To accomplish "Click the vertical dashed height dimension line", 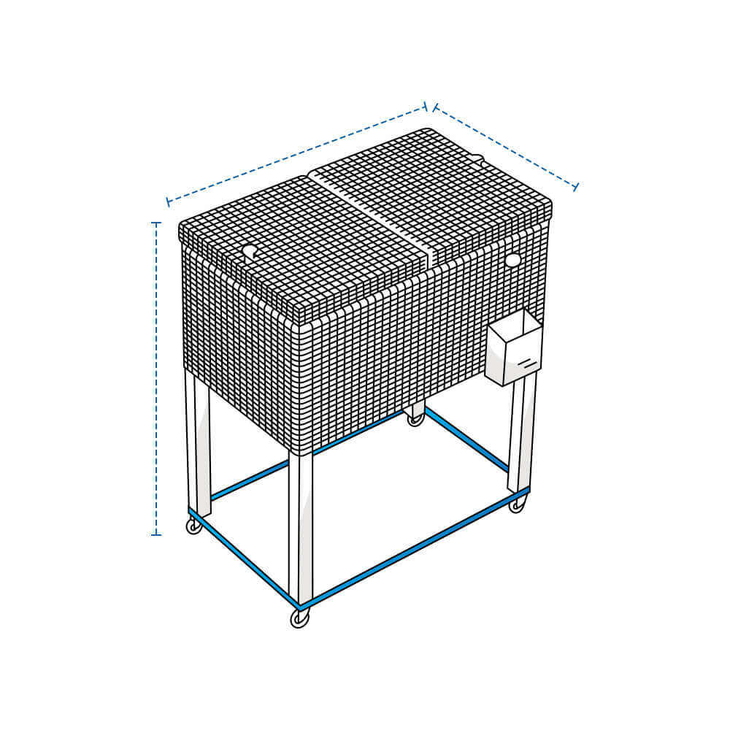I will (156, 380).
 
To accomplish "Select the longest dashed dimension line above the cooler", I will (296, 154).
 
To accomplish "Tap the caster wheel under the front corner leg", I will (299, 618).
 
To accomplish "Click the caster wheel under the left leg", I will (193, 526).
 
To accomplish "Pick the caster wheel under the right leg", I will (517, 505).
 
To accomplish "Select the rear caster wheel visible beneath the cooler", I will (415, 419).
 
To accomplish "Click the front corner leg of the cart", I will (300, 526).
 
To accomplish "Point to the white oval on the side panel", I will (512, 259).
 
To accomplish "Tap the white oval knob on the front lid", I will (250, 252).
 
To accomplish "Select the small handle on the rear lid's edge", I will (477, 158).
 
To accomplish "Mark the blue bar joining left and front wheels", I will (245, 558).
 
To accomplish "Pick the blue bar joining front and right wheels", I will (416, 551).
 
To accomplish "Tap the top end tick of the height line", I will (156, 223).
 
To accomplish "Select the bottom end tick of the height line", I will (156, 535).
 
